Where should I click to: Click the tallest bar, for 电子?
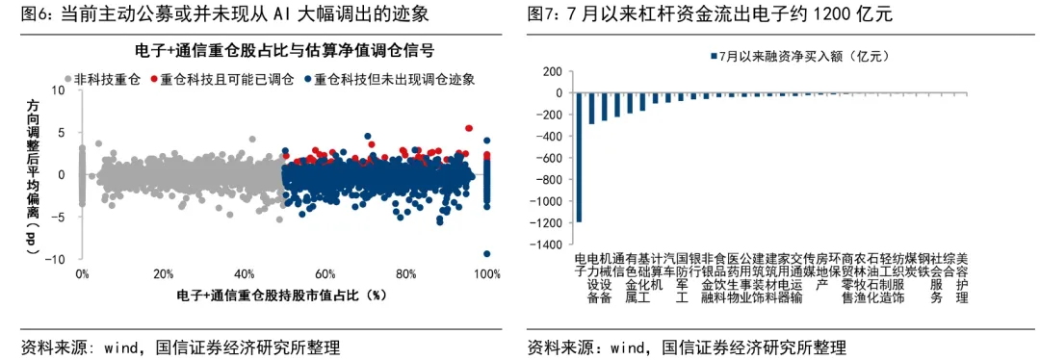click(580, 157)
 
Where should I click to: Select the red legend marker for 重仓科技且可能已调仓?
click(154, 79)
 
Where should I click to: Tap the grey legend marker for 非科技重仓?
click(67, 79)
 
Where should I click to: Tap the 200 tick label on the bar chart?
click(551, 71)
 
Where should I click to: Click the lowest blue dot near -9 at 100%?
click(487, 253)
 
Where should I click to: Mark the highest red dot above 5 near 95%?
click(469, 128)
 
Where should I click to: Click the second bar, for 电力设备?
click(592, 108)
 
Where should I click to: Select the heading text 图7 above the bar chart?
click(540, 13)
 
